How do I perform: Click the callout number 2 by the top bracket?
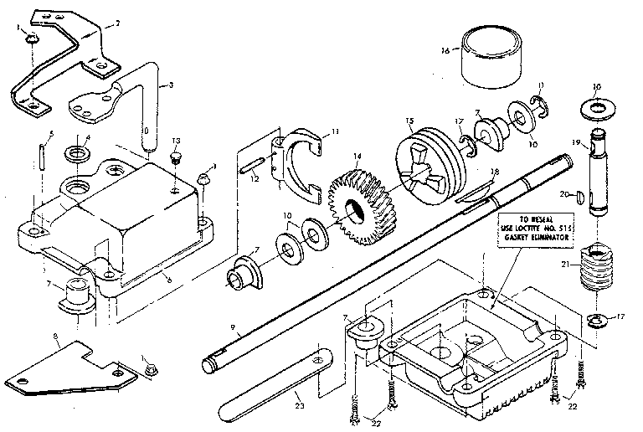116,23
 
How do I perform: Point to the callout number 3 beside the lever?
171,85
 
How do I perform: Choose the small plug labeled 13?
176,156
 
